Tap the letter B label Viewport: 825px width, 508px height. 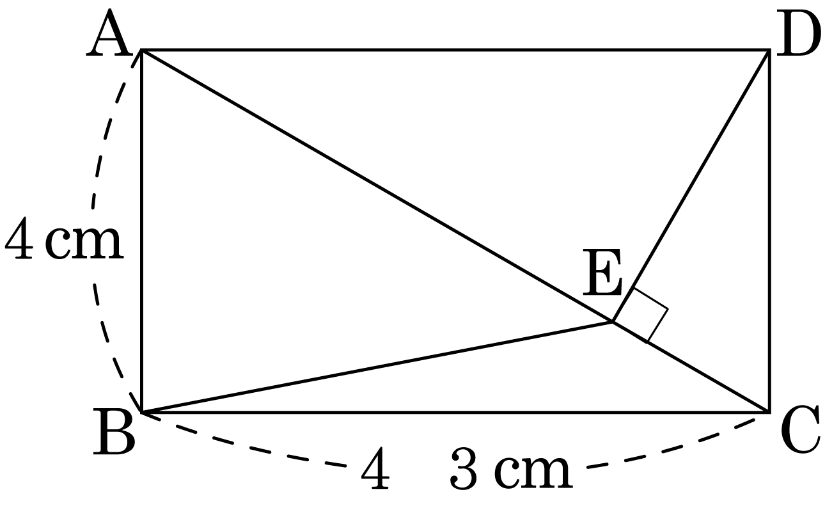[x=114, y=431]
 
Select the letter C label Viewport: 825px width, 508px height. [x=800, y=431]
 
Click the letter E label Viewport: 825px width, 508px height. [x=602, y=273]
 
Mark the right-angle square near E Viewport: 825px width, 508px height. [x=640, y=315]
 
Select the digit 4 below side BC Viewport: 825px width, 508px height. [x=375, y=468]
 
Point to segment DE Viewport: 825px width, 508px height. [x=691, y=186]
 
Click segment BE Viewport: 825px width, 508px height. [x=377, y=367]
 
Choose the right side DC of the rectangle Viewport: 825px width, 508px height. [x=769, y=231]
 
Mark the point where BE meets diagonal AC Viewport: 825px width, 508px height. [x=612, y=322]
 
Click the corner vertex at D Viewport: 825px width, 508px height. [x=769, y=50]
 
